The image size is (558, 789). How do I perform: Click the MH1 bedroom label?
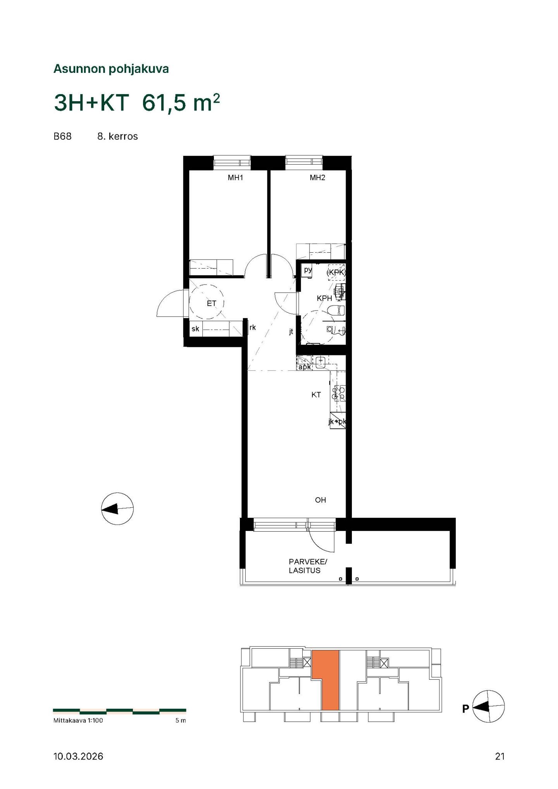click(235, 178)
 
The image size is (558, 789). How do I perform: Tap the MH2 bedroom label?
click(317, 178)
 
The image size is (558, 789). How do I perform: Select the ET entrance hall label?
click(211, 303)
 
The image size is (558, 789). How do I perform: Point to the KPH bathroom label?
click(324, 298)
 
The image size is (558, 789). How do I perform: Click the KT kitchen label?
click(316, 395)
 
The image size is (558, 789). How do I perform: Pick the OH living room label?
click(320, 500)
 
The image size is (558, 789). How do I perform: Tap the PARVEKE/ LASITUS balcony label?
click(308, 566)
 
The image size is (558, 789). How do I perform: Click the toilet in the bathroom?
click(336, 310)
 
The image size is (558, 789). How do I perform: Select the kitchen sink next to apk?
click(321, 362)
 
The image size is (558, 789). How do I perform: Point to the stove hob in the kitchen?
click(340, 393)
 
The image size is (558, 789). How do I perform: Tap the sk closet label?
click(195, 329)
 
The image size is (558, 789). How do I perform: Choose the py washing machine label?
click(308, 270)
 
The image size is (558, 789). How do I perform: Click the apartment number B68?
click(62, 136)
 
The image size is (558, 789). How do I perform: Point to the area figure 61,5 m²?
click(181, 103)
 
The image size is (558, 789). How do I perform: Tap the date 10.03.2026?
click(78, 756)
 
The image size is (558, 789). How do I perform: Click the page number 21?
click(500, 756)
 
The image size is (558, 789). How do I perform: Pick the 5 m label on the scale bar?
click(181, 720)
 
